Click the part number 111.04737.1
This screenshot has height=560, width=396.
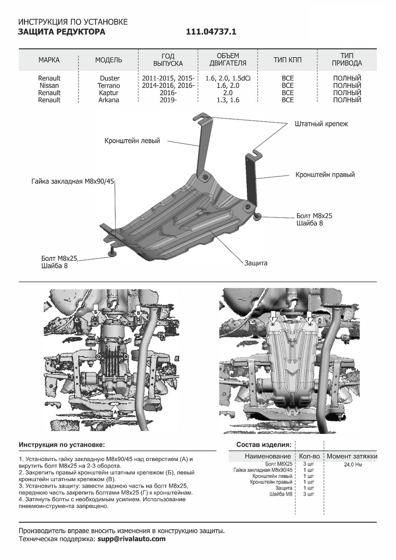[212, 32]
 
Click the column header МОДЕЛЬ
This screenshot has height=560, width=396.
[109, 60]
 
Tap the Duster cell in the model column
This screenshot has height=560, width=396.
[110, 78]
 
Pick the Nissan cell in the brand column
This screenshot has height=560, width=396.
[49, 86]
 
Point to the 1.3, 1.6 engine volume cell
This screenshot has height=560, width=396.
[228, 100]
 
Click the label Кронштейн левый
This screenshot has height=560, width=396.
[132, 140]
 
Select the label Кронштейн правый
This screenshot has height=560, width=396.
[325, 175]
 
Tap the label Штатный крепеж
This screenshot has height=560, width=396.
[321, 124]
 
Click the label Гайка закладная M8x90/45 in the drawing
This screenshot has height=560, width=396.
[73, 181]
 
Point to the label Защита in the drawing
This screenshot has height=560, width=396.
[256, 263]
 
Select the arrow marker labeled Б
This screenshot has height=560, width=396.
[96, 311]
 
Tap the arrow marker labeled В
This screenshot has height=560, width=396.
[138, 311]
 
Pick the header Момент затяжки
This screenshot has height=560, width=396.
[352, 456]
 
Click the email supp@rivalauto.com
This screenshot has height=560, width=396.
[132, 539]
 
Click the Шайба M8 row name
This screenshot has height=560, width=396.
[281, 494]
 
